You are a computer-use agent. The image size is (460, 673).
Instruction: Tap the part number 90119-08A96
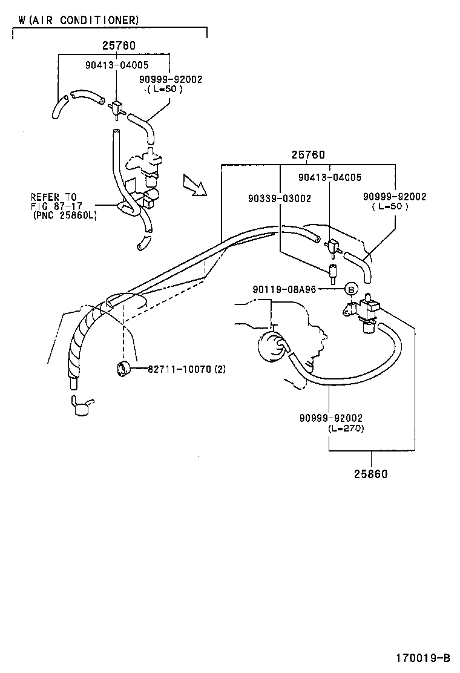[284, 289]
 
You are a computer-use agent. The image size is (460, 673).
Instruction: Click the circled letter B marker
[352, 289]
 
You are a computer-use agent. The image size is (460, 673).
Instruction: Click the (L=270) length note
[346, 428]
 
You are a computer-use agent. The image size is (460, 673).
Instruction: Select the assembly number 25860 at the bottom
[371, 474]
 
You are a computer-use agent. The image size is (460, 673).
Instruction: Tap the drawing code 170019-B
[423, 657]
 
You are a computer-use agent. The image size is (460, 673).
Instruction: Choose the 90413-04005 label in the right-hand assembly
[329, 177]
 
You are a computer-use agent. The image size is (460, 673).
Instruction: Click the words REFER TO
[54, 197]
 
